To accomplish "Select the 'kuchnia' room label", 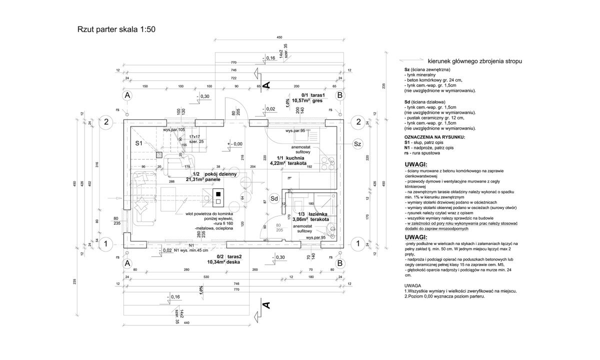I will click(x=298, y=157).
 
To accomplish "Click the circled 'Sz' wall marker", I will click(x=357, y=144).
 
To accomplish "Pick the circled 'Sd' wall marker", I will click(x=274, y=198).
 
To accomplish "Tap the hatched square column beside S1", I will click(x=159, y=155).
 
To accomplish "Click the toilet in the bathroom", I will click(x=298, y=206).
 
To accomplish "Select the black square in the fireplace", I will click(x=218, y=193).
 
